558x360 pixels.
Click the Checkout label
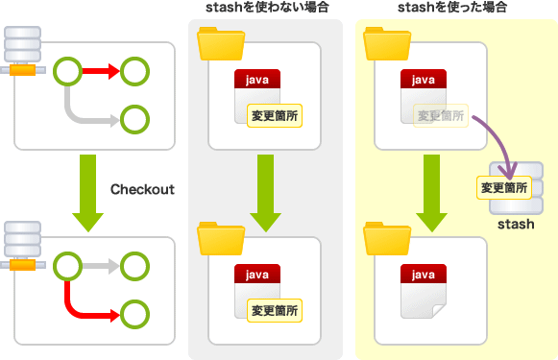pos(142,189)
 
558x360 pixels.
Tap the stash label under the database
pos(516,224)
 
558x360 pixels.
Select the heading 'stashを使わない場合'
pos(267,7)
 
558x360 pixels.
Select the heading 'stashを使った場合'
pos(452,7)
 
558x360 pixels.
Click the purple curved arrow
pos(503,135)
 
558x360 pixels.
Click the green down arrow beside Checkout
pos(88,192)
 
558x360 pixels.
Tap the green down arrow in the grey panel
pos(265,192)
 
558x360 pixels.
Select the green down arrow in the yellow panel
pos(431,192)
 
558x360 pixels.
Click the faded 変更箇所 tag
pos(441,115)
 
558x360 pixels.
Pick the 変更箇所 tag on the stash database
pos(504,187)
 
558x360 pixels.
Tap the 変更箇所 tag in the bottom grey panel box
pos(275,310)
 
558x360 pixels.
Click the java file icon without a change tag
pos(424,291)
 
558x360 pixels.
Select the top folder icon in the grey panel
pos(221,43)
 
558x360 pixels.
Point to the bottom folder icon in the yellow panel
pos(387,238)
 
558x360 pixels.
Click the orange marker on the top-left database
pos(22,70)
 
